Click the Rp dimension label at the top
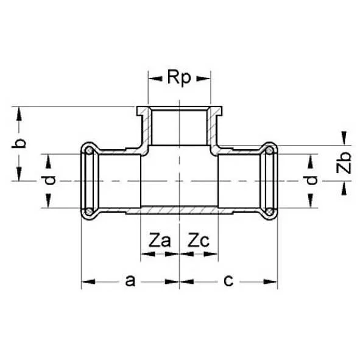pyautogui.click(x=180, y=78)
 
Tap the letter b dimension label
pyautogui.click(x=19, y=144)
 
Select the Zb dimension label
pyautogui.click(x=345, y=163)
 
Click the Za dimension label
pyautogui.click(x=160, y=241)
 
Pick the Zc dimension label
pyautogui.click(x=199, y=241)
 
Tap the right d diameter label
pyautogui.click(x=311, y=180)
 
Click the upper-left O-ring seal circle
pyautogui.click(x=90, y=150)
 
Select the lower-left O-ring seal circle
pyautogui.click(x=90, y=211)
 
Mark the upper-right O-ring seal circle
pyautogui.click(x=269, y=150)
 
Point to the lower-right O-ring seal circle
pyautogui.click(x=269, y=211)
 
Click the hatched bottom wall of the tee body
pyautogui.click(x=180, y=210)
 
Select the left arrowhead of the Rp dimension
pyautogui.click(x=153, y=78)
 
